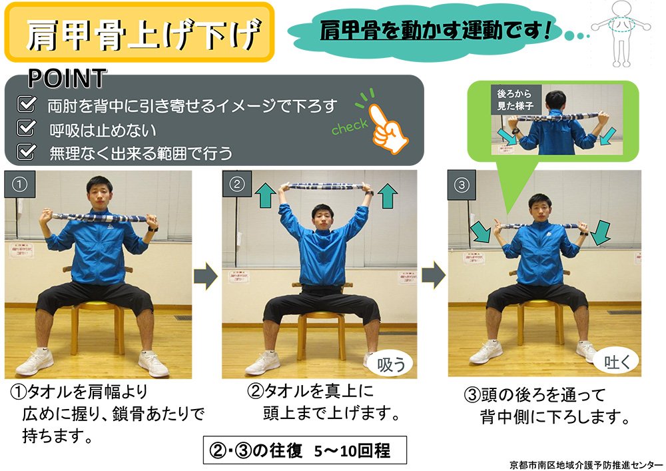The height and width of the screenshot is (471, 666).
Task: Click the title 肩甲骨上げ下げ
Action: pyautogui.click(x=143, y=34)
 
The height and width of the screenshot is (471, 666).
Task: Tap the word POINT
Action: pyautogui.click(x=67, y=79)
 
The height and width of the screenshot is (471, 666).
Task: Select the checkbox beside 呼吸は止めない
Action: pyautogui.click(x=26, y=127)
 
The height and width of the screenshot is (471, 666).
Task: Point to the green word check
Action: pyautogui.click(x=350, y=127)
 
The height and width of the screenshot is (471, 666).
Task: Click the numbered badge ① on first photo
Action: pyautogui.click(x=19, y=185)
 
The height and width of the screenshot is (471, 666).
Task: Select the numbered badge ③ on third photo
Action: pyautogui.click(x=462, y=185)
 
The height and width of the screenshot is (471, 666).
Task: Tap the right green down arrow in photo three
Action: pyautogui.click(x=600, y=233)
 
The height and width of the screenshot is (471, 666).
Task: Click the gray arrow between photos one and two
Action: pyautogui.click(x=206, y=276)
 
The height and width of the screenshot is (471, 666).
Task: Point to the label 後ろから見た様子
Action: pyautogui.click(x=515, y=99)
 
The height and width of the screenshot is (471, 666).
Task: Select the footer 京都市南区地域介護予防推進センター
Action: pyautogui.click(x=585, y=464)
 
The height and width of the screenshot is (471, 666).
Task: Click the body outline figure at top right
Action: pyautogui.click(x=621, y=33)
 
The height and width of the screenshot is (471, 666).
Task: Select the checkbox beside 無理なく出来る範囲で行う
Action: pyautogui.click(x=26, y=151)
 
